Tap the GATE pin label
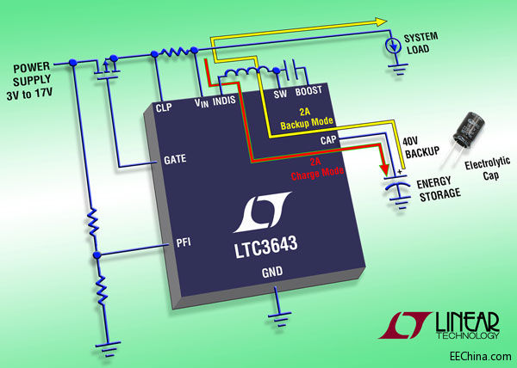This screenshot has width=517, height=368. tap(174, 160)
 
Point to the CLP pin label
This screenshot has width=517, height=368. tap(168, 108)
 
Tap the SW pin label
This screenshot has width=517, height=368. tap(279, 94)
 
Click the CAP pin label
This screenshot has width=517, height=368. tap(327, 139)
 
